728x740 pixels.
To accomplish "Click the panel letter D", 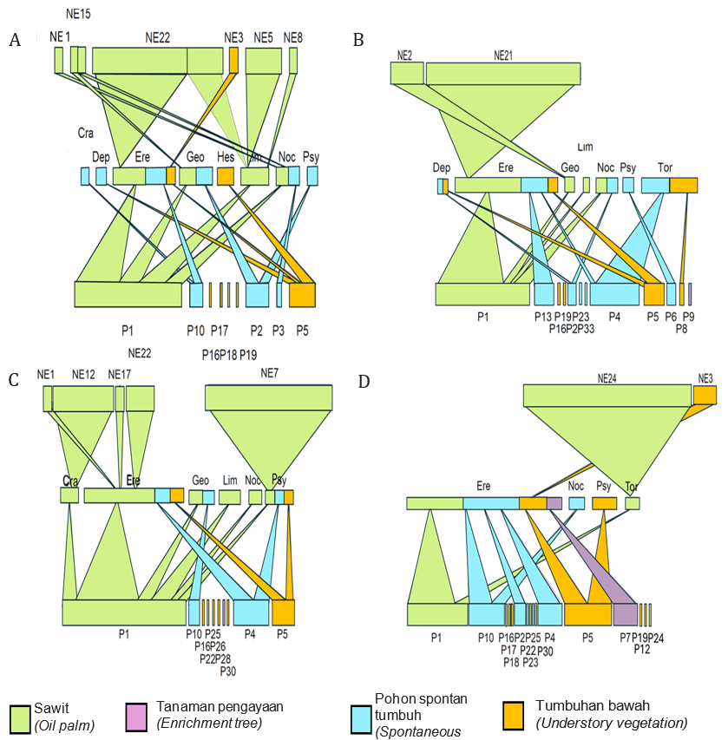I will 364,382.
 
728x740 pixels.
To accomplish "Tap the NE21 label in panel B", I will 503,55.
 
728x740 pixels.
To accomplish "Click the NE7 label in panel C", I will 269,372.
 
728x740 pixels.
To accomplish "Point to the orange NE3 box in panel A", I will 233,59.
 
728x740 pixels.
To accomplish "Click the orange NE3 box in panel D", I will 705,396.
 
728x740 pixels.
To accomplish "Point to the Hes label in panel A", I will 226,158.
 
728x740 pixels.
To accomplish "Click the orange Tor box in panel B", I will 683,185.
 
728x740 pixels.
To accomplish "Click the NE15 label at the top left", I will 78,15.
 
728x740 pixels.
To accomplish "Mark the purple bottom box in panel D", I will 625,614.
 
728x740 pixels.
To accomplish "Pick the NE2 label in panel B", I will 403,55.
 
